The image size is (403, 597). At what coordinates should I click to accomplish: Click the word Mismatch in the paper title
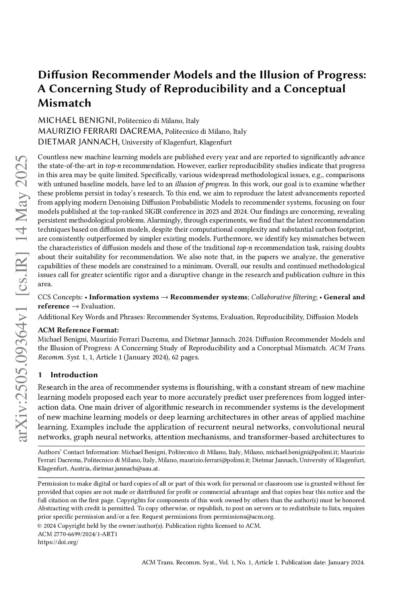(x=64, y=103)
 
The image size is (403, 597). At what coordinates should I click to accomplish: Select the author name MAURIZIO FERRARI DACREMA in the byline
(x=100, y=131)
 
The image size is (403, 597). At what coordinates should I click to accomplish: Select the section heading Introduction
(x=74, y=375)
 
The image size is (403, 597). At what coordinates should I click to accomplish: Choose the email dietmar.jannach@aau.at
(x=126, y=468)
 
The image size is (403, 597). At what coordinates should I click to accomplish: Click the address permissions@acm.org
(x=243, y=517)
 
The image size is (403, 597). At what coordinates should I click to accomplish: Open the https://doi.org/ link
(x=58, y=542)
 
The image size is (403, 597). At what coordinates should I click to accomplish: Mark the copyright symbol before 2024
(x=40, y=526)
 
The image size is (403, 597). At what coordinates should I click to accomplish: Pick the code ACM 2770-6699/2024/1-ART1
(x=78, y=534)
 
